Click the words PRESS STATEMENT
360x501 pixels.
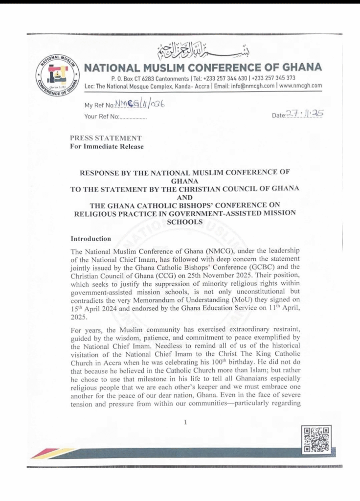pyautogui.click(x=106, y=137)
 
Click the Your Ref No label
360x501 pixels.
pyautogui.click(x=101, y=117)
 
